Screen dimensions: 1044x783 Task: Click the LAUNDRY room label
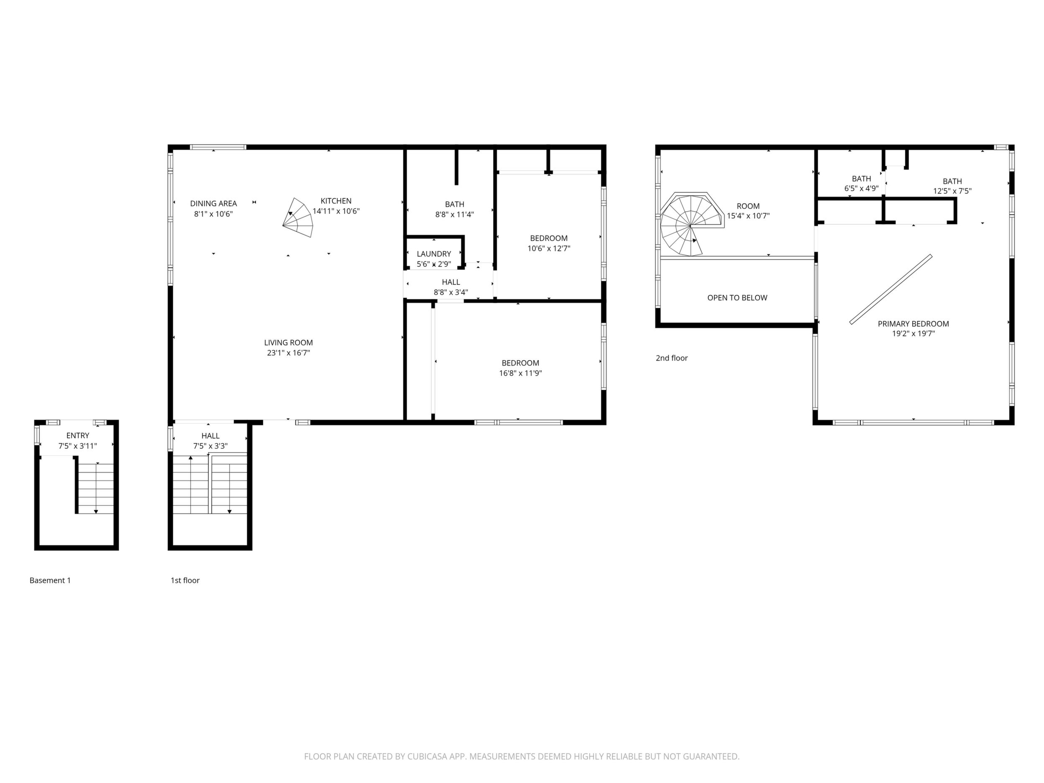[x=434, y=254]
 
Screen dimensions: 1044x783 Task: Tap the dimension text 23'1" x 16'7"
[x=288, y=353]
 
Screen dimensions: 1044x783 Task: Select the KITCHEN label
[x=336, y=201]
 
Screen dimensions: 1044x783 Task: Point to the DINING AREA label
[x=213, y=203]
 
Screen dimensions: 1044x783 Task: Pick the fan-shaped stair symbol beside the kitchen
[x=298, y=217]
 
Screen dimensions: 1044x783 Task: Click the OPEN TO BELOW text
[x=737, y=298]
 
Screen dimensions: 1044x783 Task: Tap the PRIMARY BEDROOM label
[x=913, y=324]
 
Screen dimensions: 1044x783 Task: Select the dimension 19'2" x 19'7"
[x=913, y=334]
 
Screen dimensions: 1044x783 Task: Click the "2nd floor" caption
[x=672, y=358]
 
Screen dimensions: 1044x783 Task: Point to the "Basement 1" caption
[x=50, y=581]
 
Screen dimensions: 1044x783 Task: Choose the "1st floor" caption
[x=185, y=581]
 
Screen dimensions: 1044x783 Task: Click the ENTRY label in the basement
[x=78, y=436]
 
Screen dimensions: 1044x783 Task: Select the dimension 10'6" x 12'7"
[x=549, y=249]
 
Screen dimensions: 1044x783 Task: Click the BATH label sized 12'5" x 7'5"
[x=952, y=181]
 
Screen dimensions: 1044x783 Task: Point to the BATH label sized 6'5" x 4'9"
[x=861, y=179]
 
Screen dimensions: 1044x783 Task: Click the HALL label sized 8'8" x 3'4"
[x=451, y=282]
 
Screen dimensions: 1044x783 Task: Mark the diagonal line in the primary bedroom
[x=890, y=289]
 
